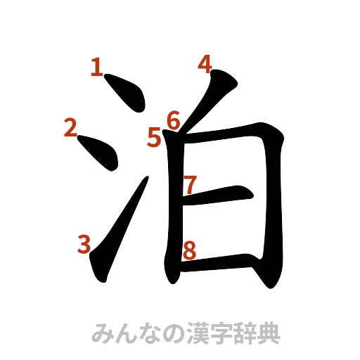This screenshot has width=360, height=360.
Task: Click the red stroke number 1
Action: click(x=97, y=67)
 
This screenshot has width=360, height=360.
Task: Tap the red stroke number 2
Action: click(x=70, y=128)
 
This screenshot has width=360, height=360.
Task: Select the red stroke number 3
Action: click(x=84, y=244)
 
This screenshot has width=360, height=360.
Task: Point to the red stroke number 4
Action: click(x=205, y=64)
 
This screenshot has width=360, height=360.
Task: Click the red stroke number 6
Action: click(x=173, y=120)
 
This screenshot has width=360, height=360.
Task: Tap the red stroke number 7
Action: click(x=189, y=184)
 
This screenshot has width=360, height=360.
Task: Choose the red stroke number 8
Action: click(x=188, y=248)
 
